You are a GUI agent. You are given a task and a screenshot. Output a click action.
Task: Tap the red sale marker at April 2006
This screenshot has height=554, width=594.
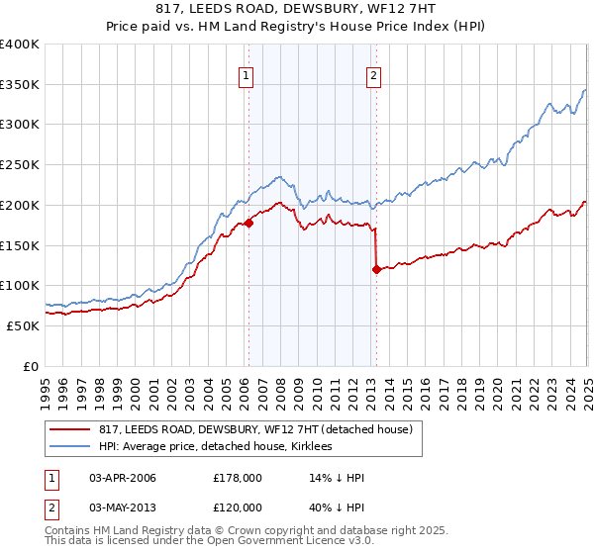click(248, 223)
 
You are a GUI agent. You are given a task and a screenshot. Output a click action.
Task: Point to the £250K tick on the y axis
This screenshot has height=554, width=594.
click(22, 165)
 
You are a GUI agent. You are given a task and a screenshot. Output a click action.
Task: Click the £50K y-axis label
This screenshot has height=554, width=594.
click(25, 325)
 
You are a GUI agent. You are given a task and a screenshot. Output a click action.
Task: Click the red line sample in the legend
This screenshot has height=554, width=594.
click(70, 428)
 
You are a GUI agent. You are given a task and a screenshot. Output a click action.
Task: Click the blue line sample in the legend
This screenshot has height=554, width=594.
click(70, 447)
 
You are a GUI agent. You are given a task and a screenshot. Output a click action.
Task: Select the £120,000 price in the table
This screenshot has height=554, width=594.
click(239, 506)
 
